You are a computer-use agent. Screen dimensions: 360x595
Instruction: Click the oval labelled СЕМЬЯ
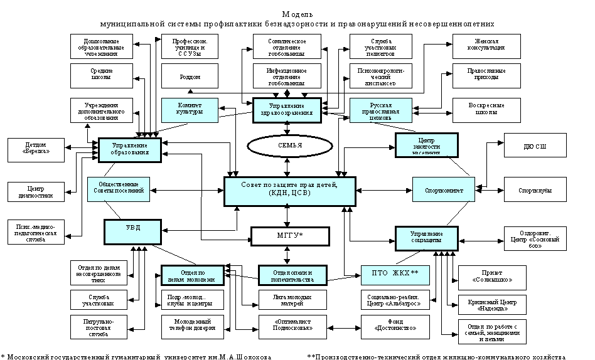coord(290,146)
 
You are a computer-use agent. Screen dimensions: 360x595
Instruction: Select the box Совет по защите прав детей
coord(290,191)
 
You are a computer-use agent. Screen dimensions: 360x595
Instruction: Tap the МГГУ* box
coord(290,236)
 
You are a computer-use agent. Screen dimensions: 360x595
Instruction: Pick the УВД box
coord(132,231)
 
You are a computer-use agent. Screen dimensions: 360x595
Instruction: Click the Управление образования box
coord(130,150)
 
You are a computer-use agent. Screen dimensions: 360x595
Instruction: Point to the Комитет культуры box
coord(190,110)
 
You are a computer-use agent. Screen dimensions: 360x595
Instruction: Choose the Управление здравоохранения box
coord(287,110)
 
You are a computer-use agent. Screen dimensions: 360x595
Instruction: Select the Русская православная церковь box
coord(381,110)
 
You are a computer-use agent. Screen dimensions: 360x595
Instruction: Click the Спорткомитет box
coord(444,189)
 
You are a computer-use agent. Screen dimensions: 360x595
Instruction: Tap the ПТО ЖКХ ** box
coord(395,275)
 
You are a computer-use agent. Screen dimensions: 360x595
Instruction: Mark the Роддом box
coord(190,76)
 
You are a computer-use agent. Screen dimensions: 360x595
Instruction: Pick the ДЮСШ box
coord(535,145)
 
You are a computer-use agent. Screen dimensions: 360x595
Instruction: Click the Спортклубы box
coord(535,189)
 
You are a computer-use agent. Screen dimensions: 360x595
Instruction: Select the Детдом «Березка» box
coord(36,151)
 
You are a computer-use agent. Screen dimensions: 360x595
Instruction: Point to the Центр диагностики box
coord(36,191)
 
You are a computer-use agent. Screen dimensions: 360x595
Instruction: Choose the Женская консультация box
coord(486,46)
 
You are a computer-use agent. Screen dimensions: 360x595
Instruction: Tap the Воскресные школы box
coord(486,110)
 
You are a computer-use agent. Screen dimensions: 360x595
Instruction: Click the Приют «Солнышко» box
coord(492,277)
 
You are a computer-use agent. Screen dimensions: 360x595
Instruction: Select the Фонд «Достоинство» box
coord(395,327)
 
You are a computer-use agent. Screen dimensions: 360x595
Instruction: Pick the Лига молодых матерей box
coord(292,300)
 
